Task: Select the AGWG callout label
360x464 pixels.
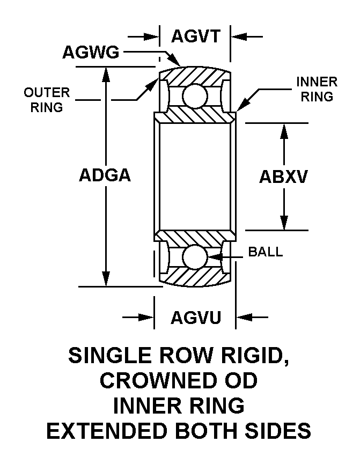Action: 91,52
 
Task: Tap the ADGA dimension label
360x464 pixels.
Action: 105,175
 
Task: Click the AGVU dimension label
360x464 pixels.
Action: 196,318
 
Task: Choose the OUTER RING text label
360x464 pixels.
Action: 47,100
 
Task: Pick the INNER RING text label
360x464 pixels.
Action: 317,89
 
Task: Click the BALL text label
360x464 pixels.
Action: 265,252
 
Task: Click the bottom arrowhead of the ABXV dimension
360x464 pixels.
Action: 284,223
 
